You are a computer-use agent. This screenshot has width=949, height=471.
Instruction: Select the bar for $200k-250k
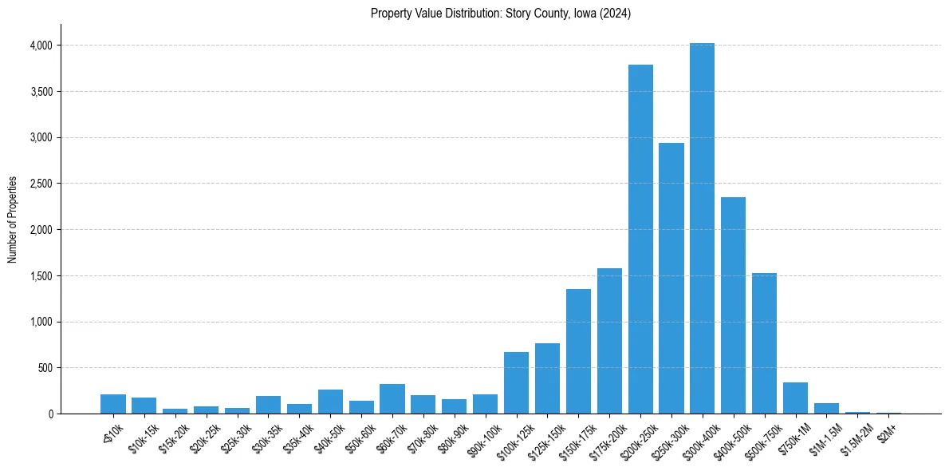(640, 239)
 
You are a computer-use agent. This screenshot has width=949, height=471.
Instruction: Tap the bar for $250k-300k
(671, 279)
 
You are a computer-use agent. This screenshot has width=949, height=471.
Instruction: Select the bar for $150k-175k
(578, 351)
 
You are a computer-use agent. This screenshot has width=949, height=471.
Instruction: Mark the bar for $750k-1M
(795, 398)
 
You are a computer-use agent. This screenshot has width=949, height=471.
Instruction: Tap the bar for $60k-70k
(392, 399)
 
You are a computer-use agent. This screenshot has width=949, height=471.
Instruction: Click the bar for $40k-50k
(330, 402)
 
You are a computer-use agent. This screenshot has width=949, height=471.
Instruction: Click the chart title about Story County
(501, 14)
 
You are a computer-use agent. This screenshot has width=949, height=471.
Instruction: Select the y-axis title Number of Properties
(13, 220)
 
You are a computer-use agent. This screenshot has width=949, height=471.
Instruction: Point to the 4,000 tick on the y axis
(40, 46)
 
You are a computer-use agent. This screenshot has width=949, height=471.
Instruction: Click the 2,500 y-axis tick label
(40, 184)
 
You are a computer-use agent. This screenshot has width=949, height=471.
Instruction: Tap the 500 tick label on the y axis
(45, 368)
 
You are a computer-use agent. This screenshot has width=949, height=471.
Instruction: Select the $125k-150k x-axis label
(546, 437)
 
